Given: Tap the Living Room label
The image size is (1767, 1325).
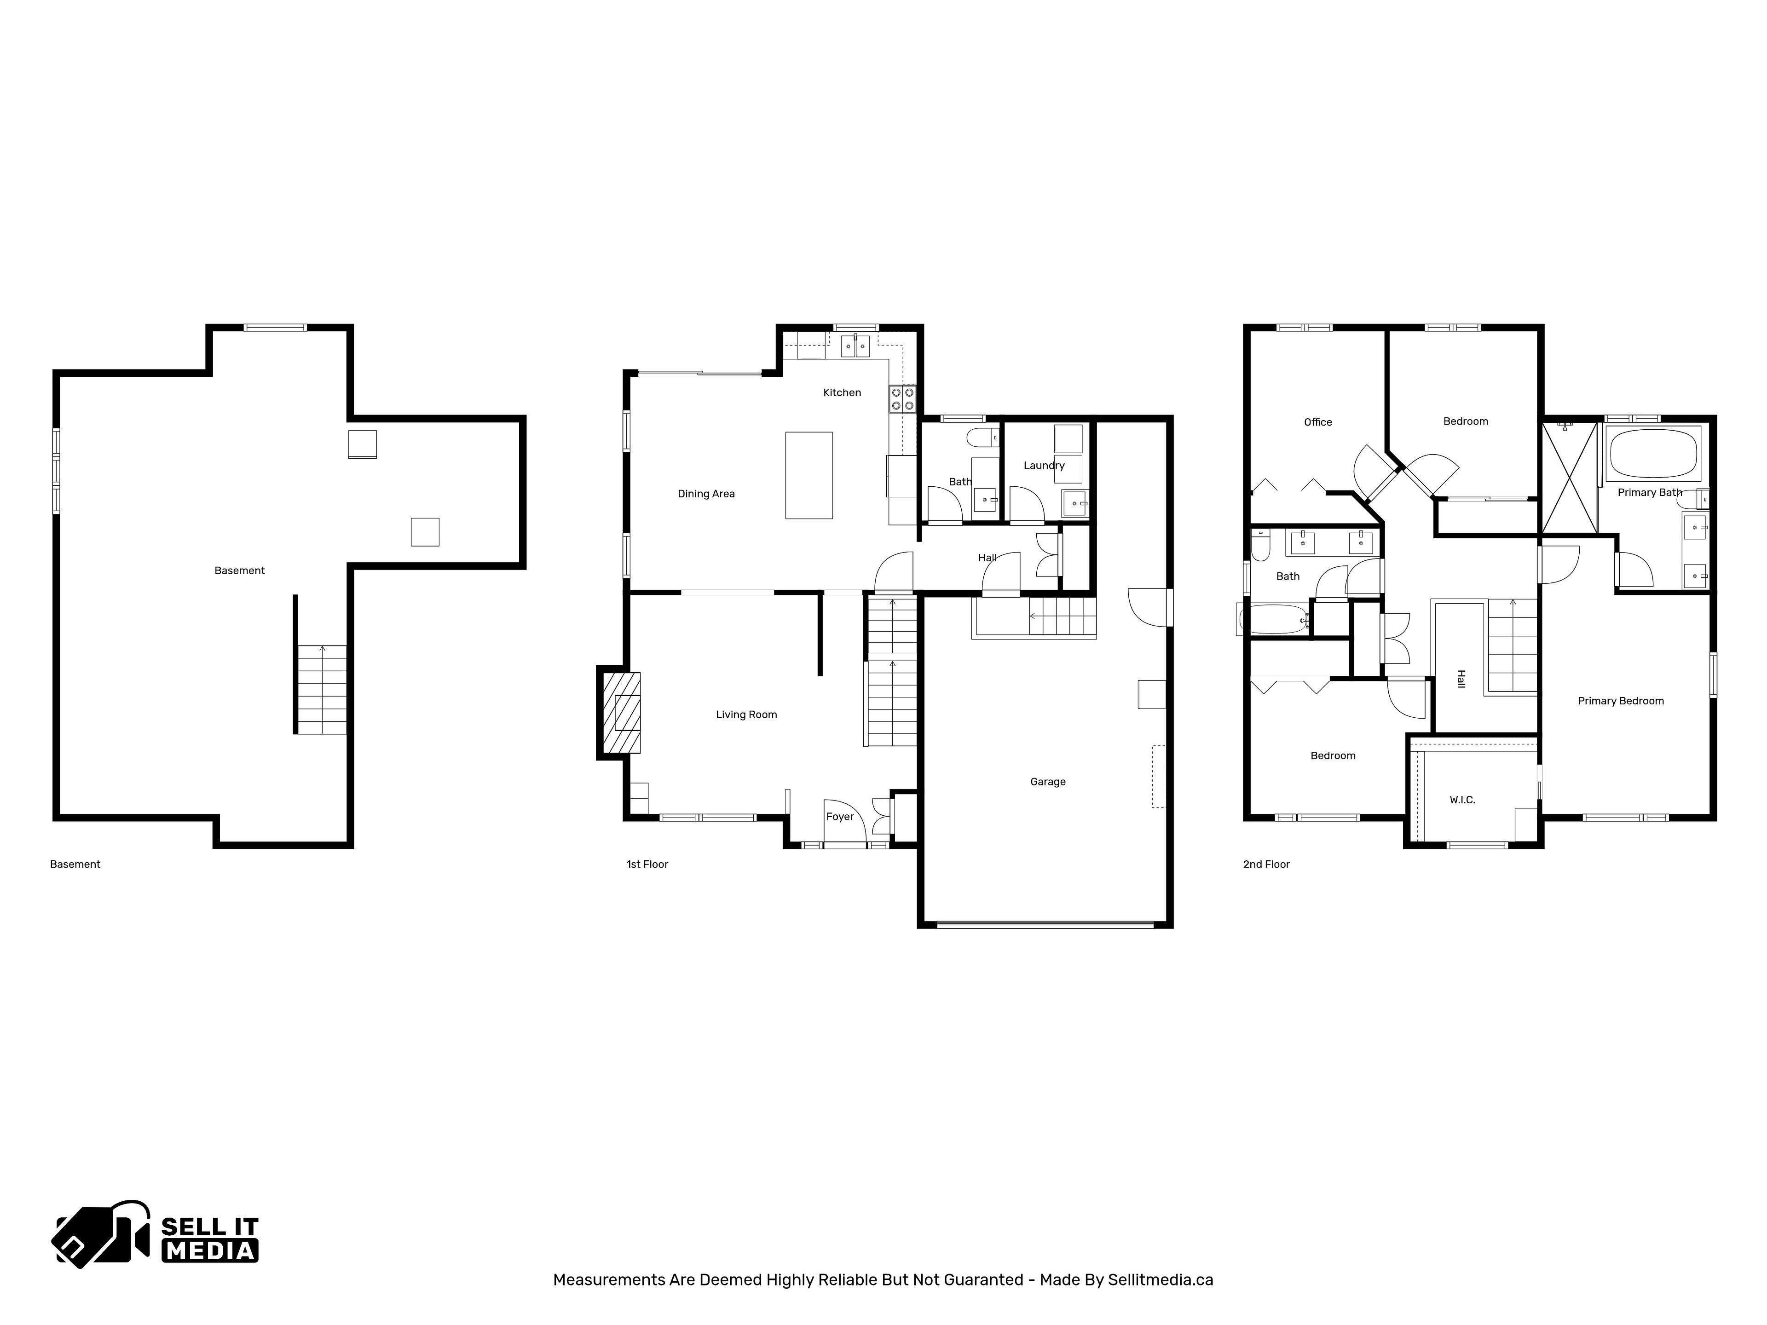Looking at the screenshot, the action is (746, 715).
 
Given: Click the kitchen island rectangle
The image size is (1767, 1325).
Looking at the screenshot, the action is (808, 475).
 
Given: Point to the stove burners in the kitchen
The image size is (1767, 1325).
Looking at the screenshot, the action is (903, 398).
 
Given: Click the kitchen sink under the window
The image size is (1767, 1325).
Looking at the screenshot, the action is (855, 346).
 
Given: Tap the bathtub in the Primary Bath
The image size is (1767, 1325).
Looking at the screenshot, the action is (1653, 453).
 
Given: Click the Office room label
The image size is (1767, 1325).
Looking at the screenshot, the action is (1317, 422).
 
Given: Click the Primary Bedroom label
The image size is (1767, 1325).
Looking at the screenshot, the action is (1620, 701).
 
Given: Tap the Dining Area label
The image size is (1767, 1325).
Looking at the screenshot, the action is (706, 494).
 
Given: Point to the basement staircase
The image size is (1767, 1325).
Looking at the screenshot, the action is (322, 689).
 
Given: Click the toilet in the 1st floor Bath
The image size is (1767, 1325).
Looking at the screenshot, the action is (982, 437).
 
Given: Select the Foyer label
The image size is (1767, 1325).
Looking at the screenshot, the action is (840, 816).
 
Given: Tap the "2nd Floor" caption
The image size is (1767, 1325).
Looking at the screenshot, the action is (1266, 864).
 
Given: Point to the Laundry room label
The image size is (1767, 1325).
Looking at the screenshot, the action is (1044, 466).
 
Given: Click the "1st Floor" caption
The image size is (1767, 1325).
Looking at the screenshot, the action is (647, 864).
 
